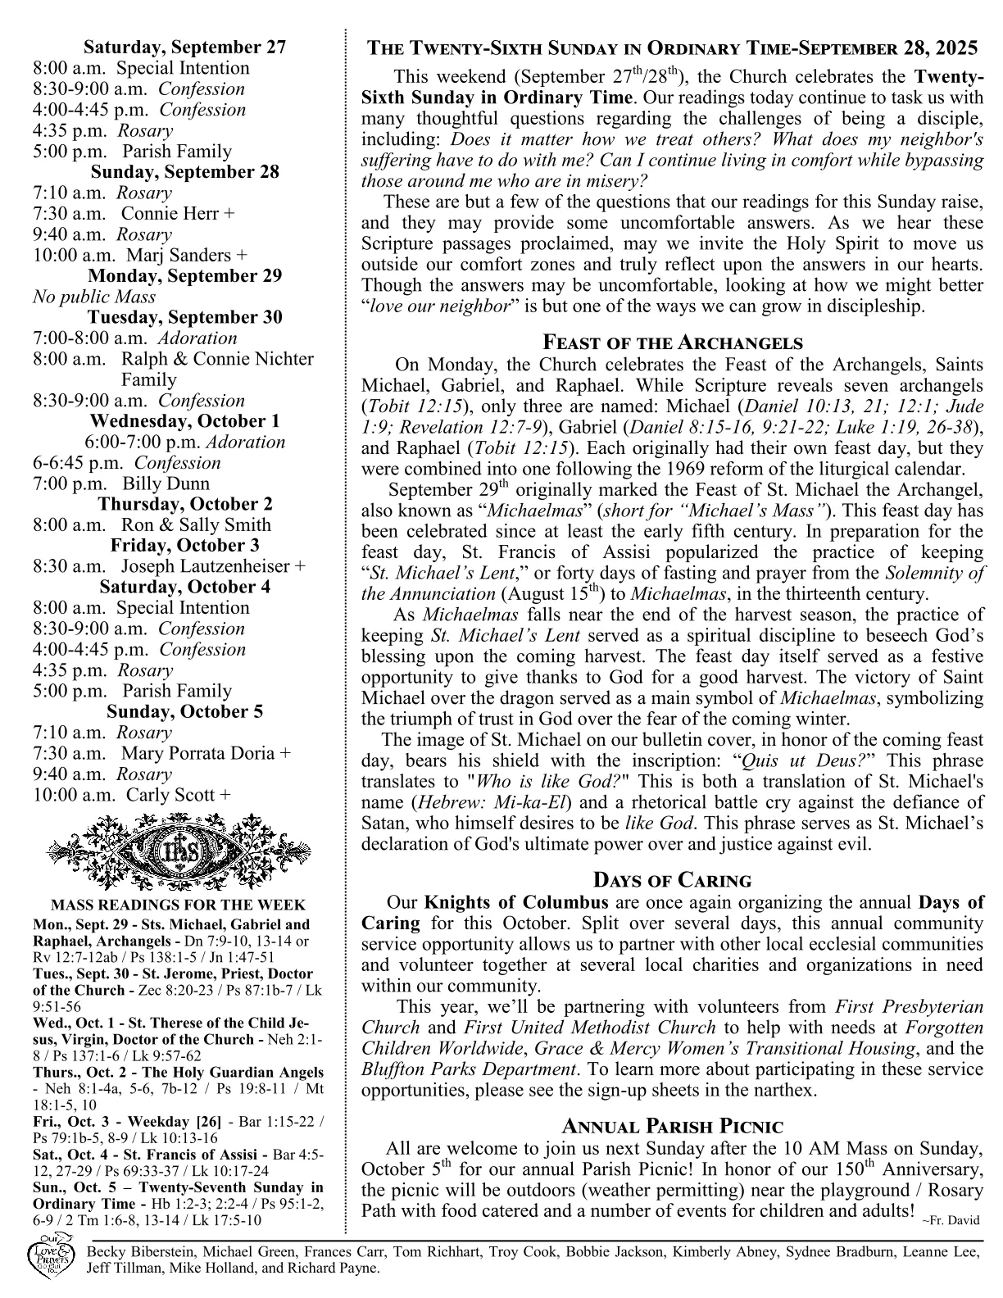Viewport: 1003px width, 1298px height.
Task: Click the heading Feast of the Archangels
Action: coord(673,343)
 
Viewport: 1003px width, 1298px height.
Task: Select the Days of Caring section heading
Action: coord(672,881)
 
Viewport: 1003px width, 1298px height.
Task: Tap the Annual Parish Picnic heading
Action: coord(672,1127)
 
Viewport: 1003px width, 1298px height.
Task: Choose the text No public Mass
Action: coord(94,297)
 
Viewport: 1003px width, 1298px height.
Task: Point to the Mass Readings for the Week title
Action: coord(178,905)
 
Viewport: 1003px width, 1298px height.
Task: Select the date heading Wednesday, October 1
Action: coord(184,421)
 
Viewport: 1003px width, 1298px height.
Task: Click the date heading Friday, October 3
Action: coord(184,546)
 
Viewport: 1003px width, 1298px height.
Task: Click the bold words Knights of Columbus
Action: coord(515,903)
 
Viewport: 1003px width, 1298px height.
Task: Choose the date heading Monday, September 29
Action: coord(184,276)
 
